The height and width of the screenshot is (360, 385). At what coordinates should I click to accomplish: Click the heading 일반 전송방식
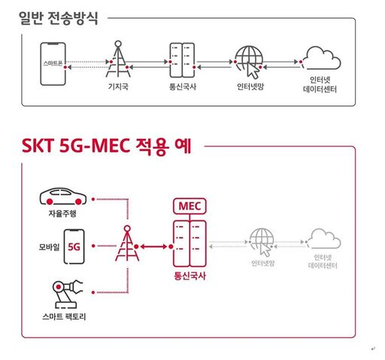point(59,18)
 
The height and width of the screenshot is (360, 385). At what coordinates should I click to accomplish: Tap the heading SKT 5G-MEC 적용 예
point(107,146)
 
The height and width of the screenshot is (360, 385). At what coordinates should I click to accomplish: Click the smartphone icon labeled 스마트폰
point(53,64)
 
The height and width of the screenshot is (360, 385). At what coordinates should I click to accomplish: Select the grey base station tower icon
point(118,59)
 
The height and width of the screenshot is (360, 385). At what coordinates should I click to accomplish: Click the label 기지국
point(118,86)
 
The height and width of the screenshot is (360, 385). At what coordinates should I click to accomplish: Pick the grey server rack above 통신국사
point(182,60)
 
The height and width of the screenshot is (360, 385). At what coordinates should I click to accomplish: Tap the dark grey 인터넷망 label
point(250,86)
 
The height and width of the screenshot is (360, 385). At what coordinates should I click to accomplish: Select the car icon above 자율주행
point(63,196)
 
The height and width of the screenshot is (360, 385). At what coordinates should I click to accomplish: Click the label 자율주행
point(62,213)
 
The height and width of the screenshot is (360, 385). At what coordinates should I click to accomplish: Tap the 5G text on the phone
point(74,247)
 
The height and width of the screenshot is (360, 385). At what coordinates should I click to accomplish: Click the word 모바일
point(49,247)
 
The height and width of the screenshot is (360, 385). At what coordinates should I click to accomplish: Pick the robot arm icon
point(67,294)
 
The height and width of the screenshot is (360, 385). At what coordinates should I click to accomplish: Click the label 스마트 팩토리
point(64,316)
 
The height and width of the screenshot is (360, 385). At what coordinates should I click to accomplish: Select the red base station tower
point(127,244)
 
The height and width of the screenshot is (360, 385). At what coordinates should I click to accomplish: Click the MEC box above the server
point(189,206)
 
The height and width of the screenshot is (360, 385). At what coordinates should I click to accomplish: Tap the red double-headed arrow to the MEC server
point(153,247)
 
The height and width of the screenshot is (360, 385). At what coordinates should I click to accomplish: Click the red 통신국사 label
point(189,276)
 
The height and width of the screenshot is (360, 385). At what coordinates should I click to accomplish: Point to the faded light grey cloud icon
point(325,238)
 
